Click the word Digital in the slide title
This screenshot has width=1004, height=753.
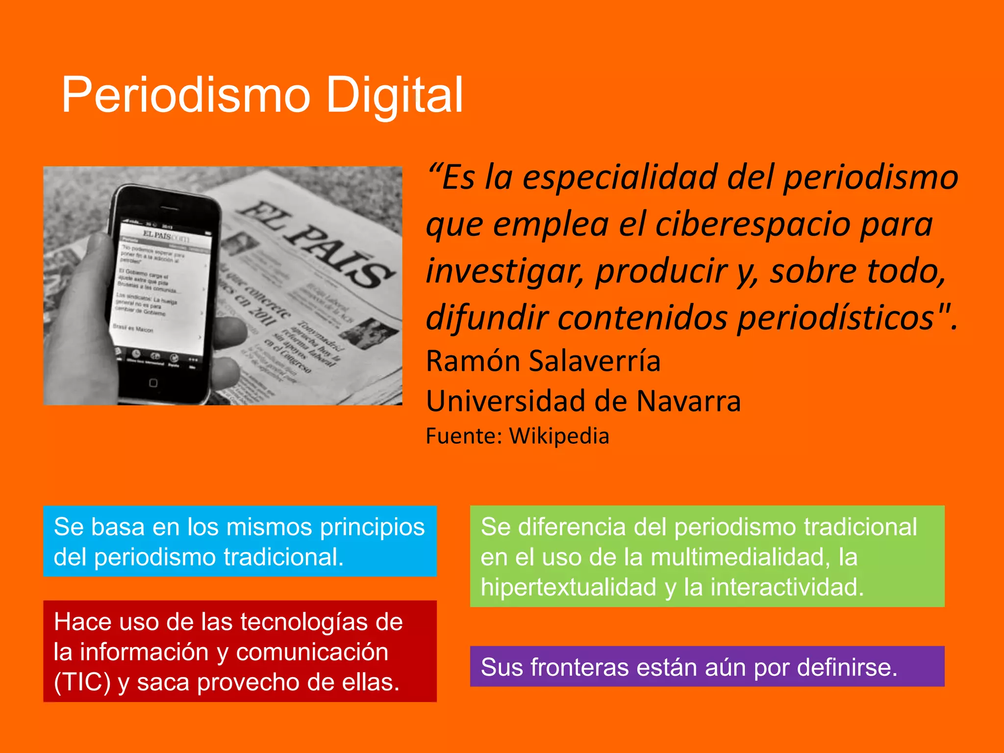point(394,95)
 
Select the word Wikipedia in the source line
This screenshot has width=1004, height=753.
point(559,436)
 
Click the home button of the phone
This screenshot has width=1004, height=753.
point(153,383)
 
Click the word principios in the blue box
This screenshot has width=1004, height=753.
point(372,527)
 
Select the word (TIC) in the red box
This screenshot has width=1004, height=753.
point(82,682)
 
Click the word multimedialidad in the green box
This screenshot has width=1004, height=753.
point(737,557)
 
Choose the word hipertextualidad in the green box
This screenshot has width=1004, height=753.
point(568,587)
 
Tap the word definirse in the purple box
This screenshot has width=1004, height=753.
point(847,667)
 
